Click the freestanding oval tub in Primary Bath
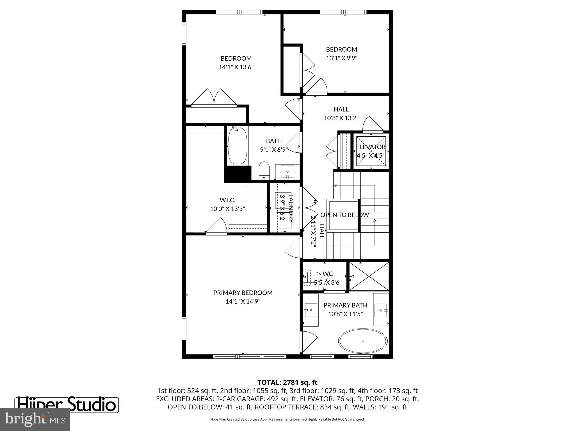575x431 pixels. (363, 341)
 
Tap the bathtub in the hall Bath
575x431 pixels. (238, 146)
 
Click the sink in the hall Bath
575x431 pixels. (287, 172)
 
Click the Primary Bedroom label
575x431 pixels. (243, 293)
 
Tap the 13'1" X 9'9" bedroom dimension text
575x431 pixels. (341, 58)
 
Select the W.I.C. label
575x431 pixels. (227, 200)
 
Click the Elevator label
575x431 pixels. (371, 147)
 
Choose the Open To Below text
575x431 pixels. (344, 215)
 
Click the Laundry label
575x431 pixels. (291, 208)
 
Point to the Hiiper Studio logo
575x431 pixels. (67, 405)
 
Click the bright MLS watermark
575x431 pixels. (35, 419)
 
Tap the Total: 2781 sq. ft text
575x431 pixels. (287, 382)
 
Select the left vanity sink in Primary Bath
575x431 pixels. (311, 310)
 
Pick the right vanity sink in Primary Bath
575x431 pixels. (381, 310)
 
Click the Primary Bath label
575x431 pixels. (345, 305)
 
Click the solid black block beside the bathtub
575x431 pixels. (238, 174)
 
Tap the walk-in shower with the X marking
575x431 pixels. (369, 276)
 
